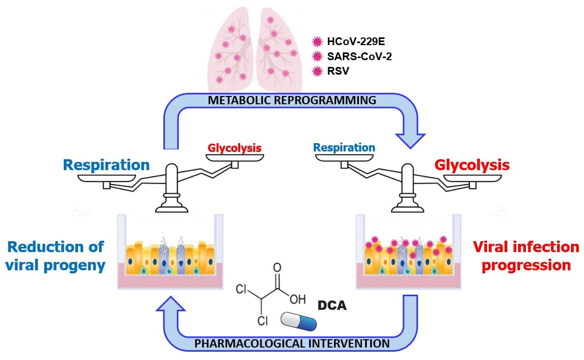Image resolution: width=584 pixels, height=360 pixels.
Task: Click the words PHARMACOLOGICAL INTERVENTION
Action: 292,343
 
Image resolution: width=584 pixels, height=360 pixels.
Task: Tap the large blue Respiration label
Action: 106,165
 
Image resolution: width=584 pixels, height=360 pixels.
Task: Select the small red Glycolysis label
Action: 234,148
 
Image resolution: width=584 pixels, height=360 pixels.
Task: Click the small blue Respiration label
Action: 344,147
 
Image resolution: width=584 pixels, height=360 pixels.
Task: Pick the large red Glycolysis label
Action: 472,165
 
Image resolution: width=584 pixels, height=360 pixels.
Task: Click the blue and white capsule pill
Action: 298,321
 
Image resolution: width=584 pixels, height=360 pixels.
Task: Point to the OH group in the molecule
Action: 297,299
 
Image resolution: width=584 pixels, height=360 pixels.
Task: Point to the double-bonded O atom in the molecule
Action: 277,268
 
